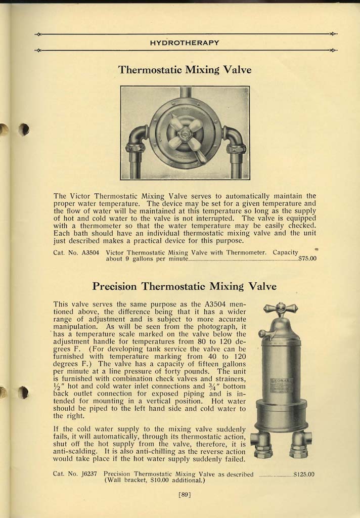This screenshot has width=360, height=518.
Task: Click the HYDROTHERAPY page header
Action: (185, 42)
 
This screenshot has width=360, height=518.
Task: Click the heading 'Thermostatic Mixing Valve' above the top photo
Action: (185, 69)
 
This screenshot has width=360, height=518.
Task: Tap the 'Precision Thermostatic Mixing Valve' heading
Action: (185, 286)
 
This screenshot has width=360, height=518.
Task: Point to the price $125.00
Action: (304, 474)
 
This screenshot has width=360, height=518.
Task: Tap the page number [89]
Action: (185, 495)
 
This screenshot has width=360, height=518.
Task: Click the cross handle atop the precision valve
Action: (281, 308)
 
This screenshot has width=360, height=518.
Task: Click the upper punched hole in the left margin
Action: (24, 129)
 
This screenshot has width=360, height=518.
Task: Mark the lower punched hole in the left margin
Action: (24, 393)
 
